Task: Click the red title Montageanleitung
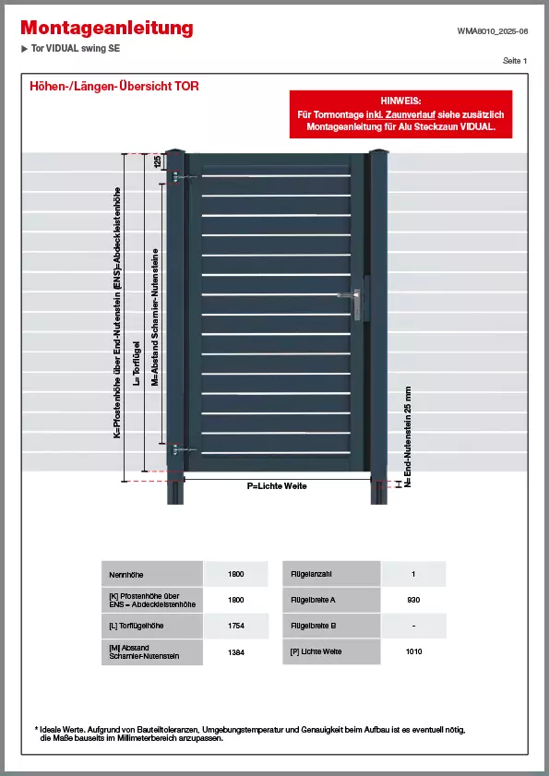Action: point(107,29)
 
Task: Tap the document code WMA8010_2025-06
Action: point(493,30)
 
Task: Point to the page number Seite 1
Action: point(515,60)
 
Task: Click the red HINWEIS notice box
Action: point(400,113)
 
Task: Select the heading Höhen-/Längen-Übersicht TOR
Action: point(114,87)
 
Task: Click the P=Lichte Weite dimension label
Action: point(277,485)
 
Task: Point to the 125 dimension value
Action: point(157,161)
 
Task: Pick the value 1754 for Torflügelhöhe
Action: point(235,627)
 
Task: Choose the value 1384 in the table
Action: point(235,652)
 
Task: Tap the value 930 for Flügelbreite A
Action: point(413,600)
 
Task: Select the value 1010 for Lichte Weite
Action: point(413,652)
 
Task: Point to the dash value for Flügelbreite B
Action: point(413,627)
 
